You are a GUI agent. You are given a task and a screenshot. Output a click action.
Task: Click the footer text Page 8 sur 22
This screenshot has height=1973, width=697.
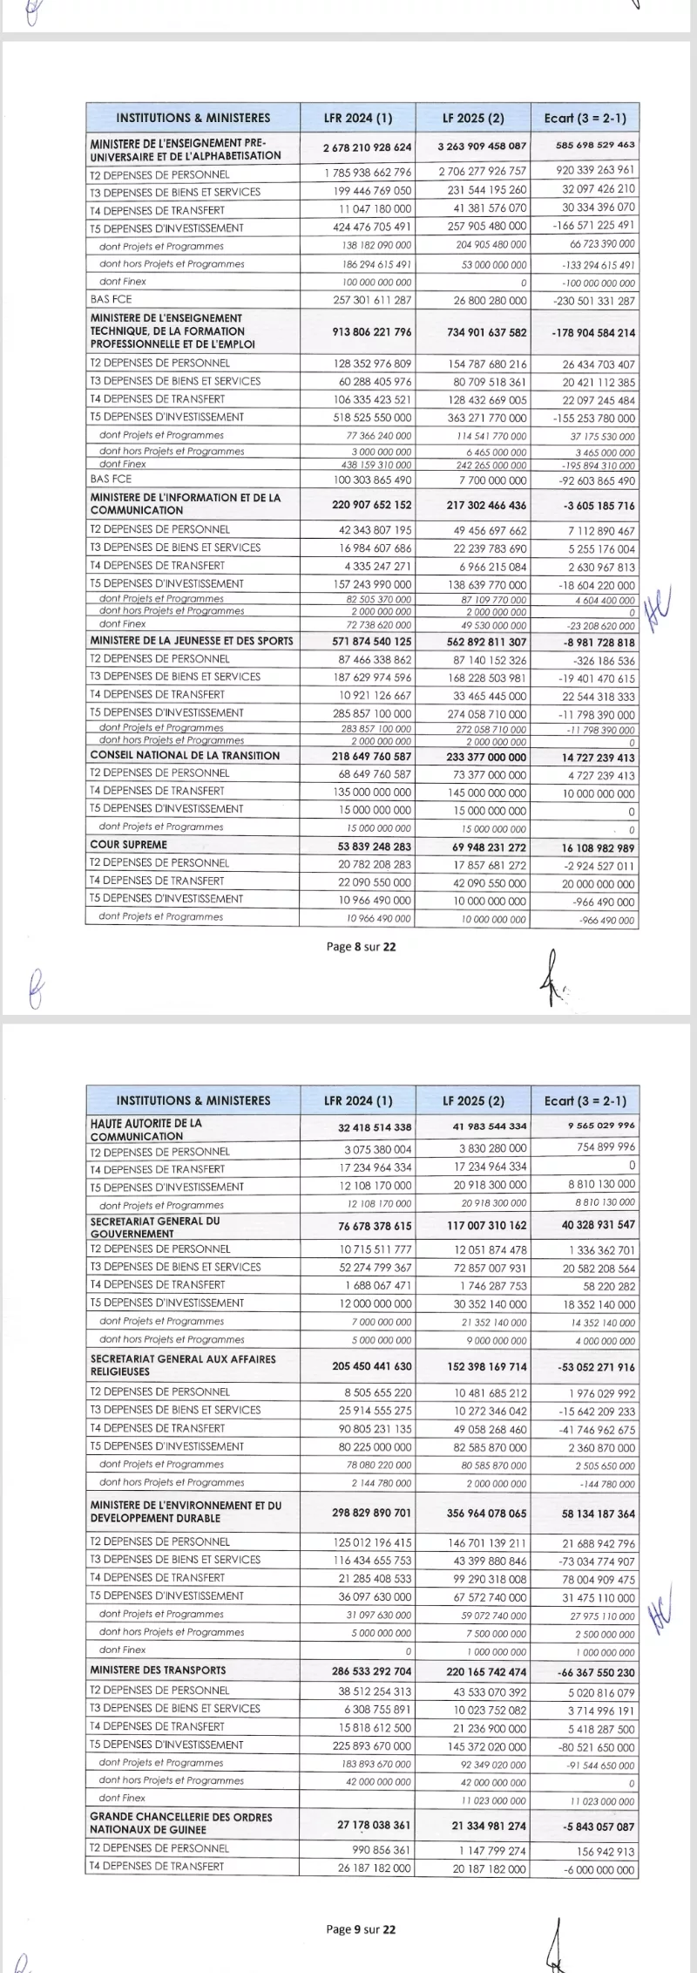click(361, 946)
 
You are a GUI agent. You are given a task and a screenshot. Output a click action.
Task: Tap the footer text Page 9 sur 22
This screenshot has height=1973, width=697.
click(361, 1929)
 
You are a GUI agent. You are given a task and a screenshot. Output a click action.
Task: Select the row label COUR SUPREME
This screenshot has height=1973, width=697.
click(128, 844)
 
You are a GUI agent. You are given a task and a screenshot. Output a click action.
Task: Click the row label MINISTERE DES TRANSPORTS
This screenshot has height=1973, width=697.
click(158, 1670)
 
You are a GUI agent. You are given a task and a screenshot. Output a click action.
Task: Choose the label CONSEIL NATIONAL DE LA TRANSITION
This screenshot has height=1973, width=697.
click(185, 755)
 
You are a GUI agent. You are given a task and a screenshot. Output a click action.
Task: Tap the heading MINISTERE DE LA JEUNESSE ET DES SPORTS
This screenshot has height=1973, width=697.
click(192, 640)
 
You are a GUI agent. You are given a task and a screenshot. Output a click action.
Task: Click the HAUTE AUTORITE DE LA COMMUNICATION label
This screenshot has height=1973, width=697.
click(145, 1129)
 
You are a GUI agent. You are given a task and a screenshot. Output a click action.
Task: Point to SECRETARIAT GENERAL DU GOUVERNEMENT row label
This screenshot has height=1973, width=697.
click(154, 1227)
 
